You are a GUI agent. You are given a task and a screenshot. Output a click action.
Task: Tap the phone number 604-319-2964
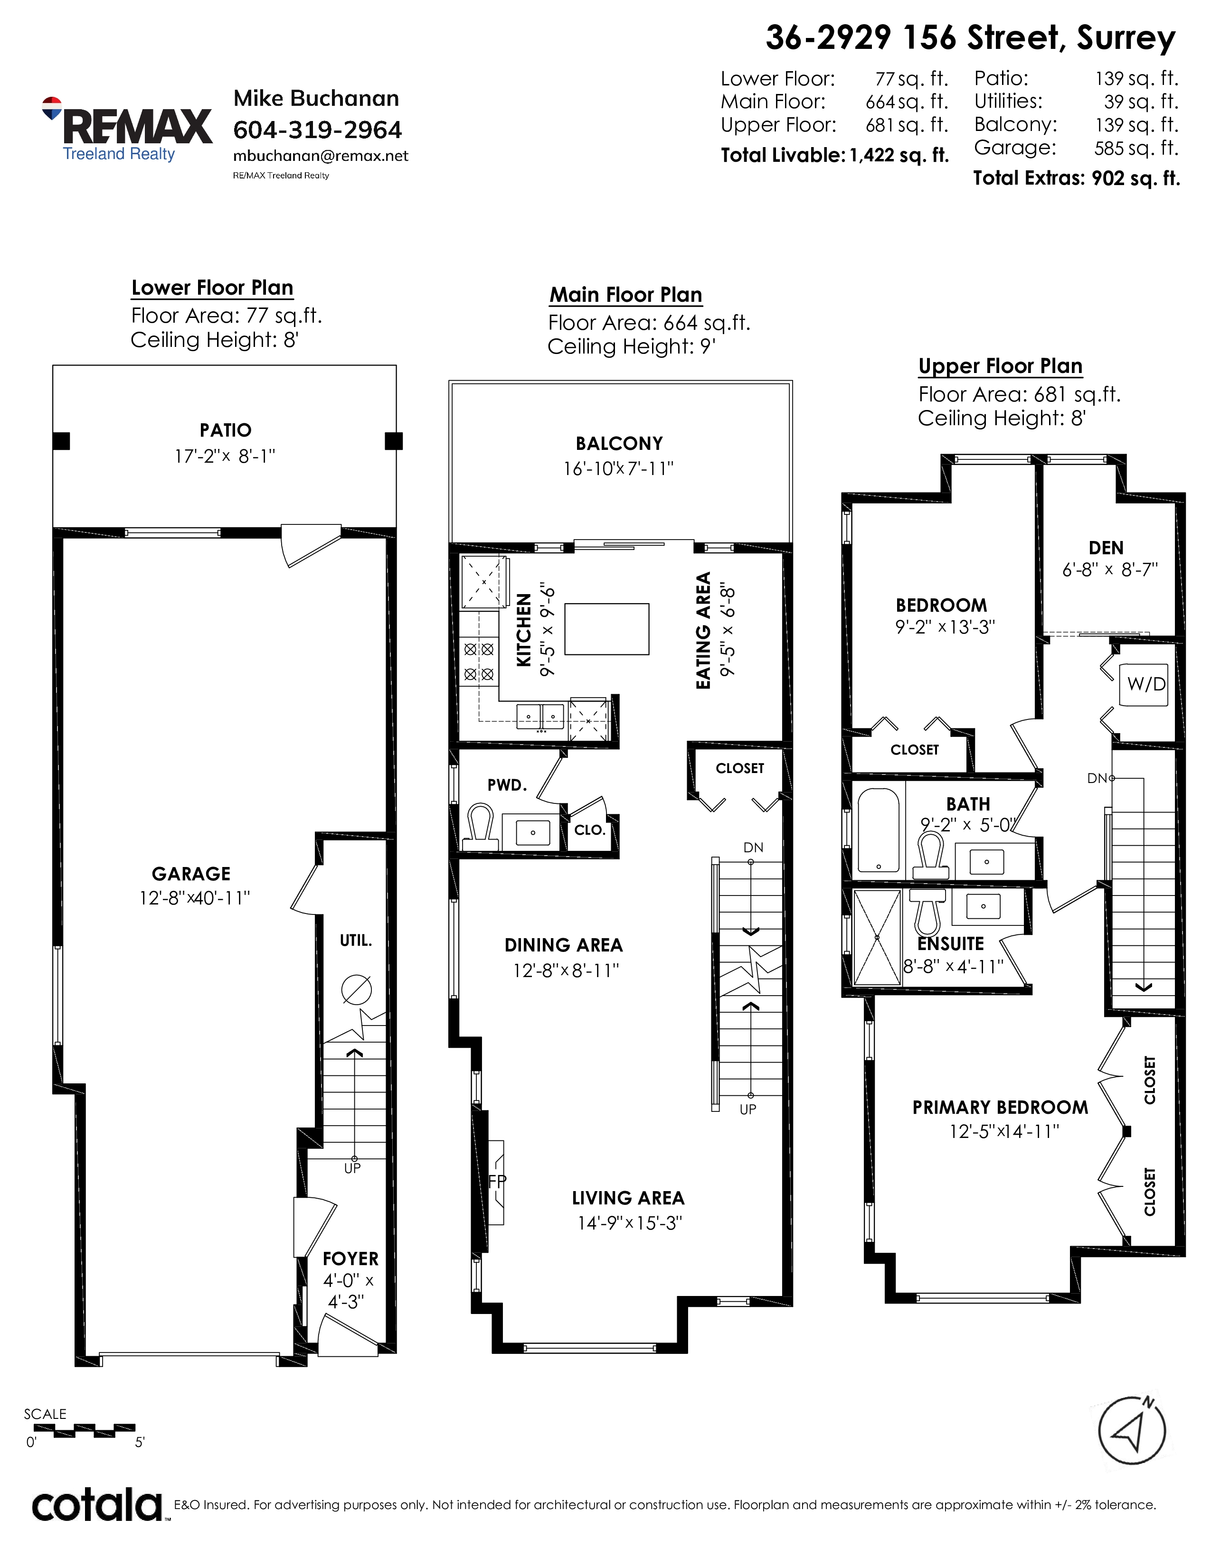pos(318,130)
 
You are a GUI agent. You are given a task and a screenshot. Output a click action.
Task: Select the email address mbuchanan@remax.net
pos(321,156)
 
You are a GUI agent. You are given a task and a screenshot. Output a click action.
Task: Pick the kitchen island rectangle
pos(607,629)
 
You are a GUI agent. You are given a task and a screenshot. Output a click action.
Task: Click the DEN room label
pos(1106,548)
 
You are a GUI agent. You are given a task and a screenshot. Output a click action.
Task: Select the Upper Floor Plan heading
pos(1000,366)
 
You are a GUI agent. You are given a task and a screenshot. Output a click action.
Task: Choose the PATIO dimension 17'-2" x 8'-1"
pos(225,456)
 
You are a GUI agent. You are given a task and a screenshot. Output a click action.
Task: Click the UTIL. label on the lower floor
pos(356,940)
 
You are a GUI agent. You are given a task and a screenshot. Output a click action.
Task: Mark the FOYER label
pos(350,1258)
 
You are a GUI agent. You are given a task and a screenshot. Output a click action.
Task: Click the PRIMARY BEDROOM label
pos(1000,1107)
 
